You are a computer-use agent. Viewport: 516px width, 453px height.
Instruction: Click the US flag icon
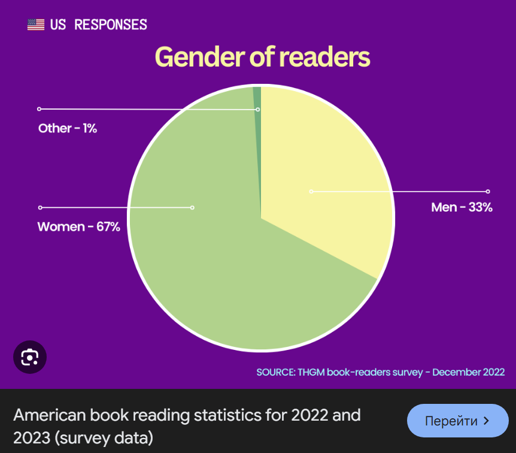tap(36, 25)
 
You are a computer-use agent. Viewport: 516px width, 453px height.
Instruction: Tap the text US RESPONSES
tap(99, 25)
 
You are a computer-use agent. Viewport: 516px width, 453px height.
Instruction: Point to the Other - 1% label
tap(68, 128)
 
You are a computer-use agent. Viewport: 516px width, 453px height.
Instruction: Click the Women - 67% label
tap(79, 227)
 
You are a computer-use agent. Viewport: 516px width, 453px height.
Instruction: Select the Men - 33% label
tap(462, 208)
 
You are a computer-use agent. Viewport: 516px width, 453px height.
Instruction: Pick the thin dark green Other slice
tap(257, 96)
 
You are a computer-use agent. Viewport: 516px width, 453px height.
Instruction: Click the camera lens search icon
tap(30, 357)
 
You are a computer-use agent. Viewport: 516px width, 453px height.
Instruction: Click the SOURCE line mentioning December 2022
tap(380, 372)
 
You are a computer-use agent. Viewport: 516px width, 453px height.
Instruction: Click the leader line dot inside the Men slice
tap(311, 192)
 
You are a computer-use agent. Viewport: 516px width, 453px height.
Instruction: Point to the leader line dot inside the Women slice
tap(192, 208)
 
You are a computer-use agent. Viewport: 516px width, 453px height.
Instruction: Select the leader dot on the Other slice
tap(258, 110)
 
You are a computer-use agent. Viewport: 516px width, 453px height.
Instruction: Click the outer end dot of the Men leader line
tap(488, 192)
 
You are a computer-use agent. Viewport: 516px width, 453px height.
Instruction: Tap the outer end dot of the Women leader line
tap(40, 207)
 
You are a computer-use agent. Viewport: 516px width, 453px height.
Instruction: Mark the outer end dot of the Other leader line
tap(39, 109)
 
